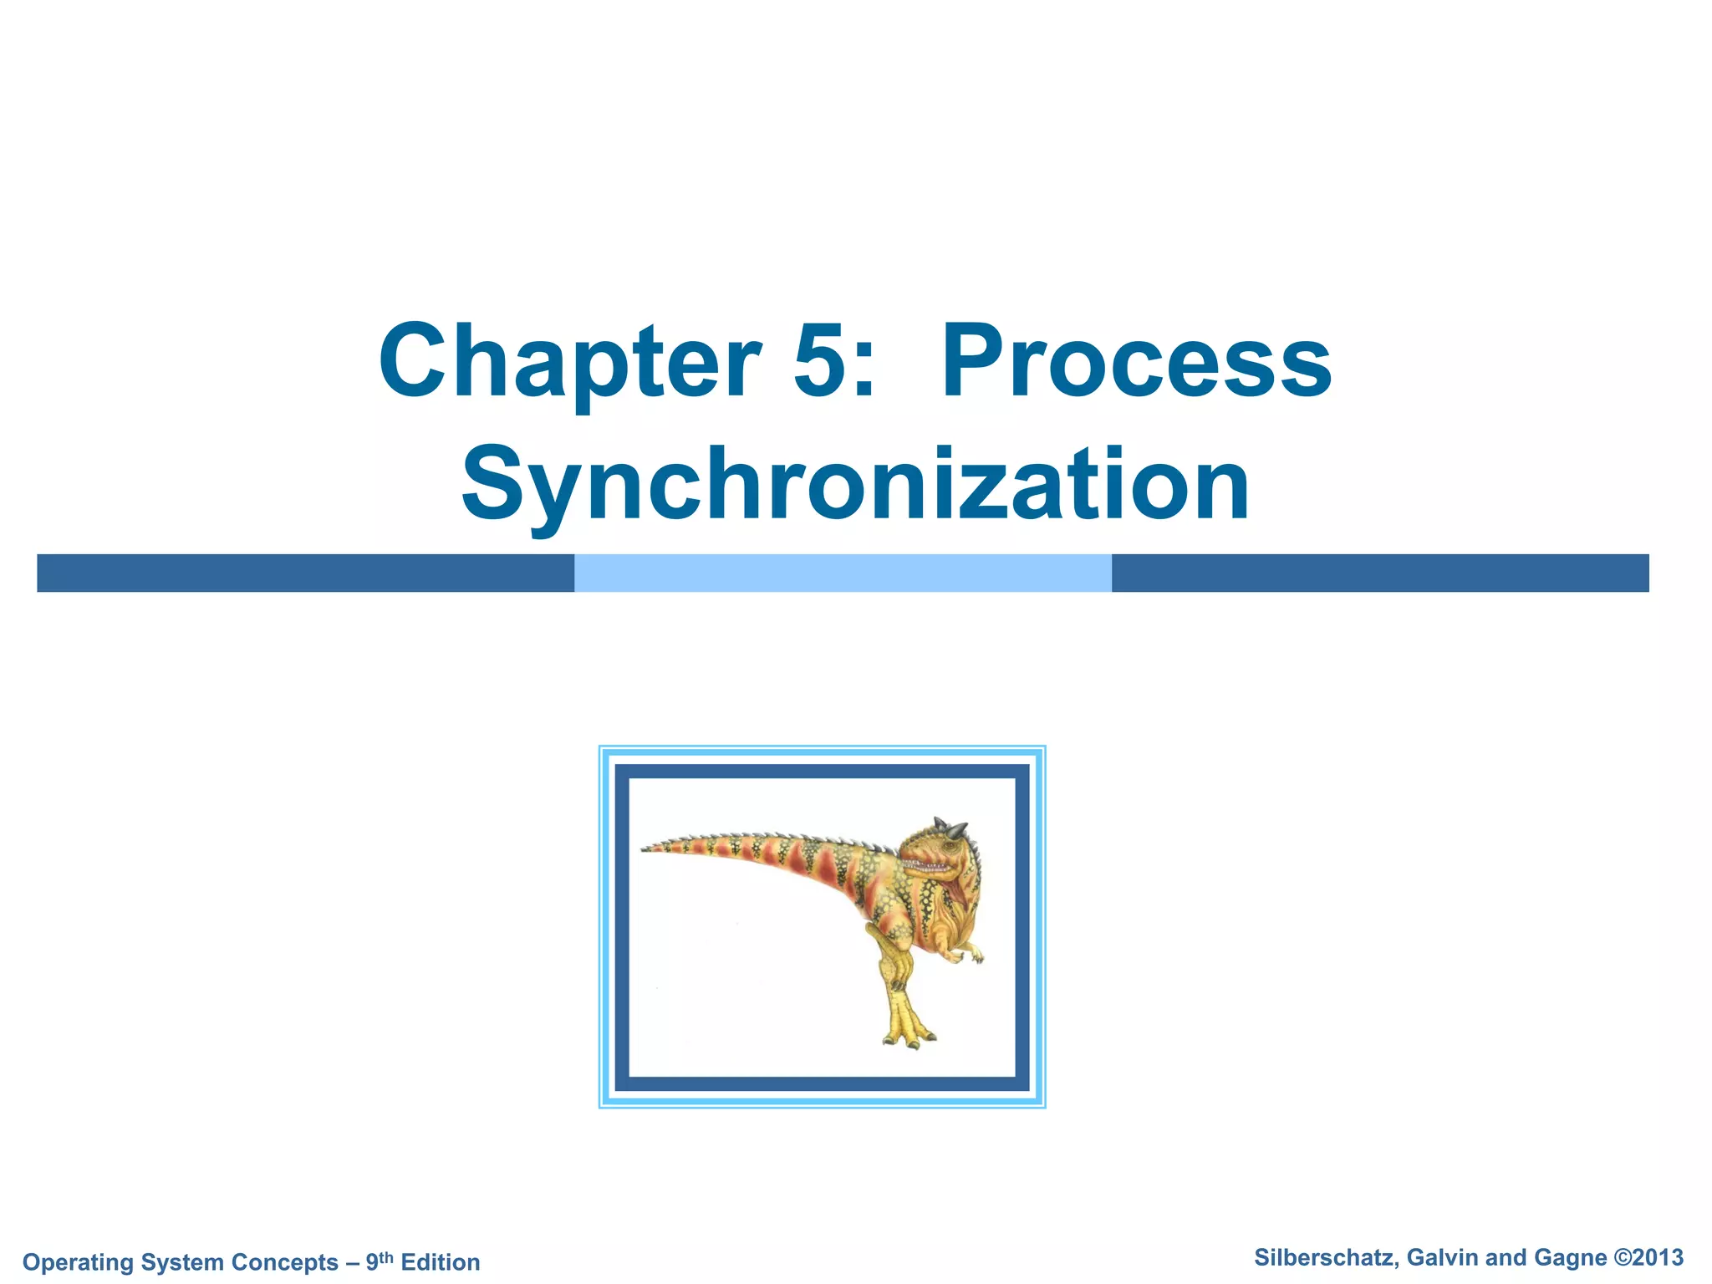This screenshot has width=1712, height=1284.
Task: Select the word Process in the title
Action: pos(1137,363)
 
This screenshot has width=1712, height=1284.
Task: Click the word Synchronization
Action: pos(855,485)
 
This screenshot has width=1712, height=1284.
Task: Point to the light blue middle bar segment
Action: pos(843,573)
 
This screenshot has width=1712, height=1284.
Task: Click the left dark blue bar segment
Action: pos(305,573)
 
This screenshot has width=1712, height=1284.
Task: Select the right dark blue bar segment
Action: pos(1379,573)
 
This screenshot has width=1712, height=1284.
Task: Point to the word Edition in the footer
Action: pos(441,1261)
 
